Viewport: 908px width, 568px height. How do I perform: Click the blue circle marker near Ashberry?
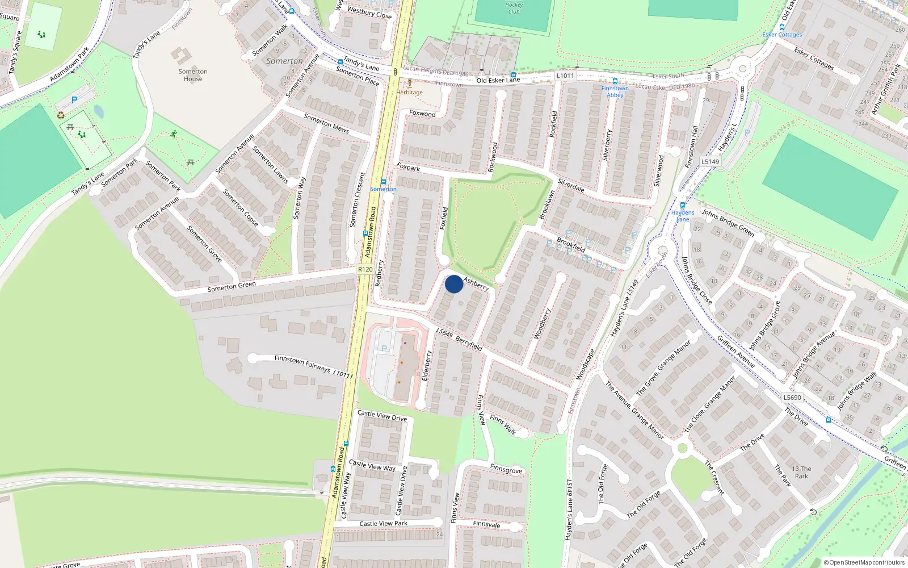[x=453, y=284]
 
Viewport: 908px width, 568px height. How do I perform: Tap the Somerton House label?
[x=193, y=75]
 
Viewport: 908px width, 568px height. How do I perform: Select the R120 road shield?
[x=365, y=269]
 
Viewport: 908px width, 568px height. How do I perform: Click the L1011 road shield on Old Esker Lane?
[x=565, y=76]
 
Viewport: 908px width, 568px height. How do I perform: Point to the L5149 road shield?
[x=710, y=161]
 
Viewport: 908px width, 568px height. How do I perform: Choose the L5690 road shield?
[x=792, y=398]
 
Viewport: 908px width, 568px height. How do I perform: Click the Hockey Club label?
[x=514, y=8]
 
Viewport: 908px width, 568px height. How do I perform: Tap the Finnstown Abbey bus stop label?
[x=615, y=91]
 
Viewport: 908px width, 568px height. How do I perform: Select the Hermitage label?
[x=410, y=93]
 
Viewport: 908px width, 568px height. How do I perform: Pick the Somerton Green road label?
[x=232, y=287]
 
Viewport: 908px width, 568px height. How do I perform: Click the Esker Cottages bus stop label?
[x=782, y=35]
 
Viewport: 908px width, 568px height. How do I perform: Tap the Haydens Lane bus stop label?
[x=683, y=216]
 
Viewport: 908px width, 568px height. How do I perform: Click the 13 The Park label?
[x=801, y=473]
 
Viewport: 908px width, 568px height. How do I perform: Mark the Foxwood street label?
[x=422, y=114]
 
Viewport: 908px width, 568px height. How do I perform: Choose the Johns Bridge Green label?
[x=728, y=222]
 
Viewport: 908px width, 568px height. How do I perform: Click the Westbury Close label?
[x=369, y=12]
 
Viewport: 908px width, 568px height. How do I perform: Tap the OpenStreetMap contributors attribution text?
[x=864, y=563]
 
